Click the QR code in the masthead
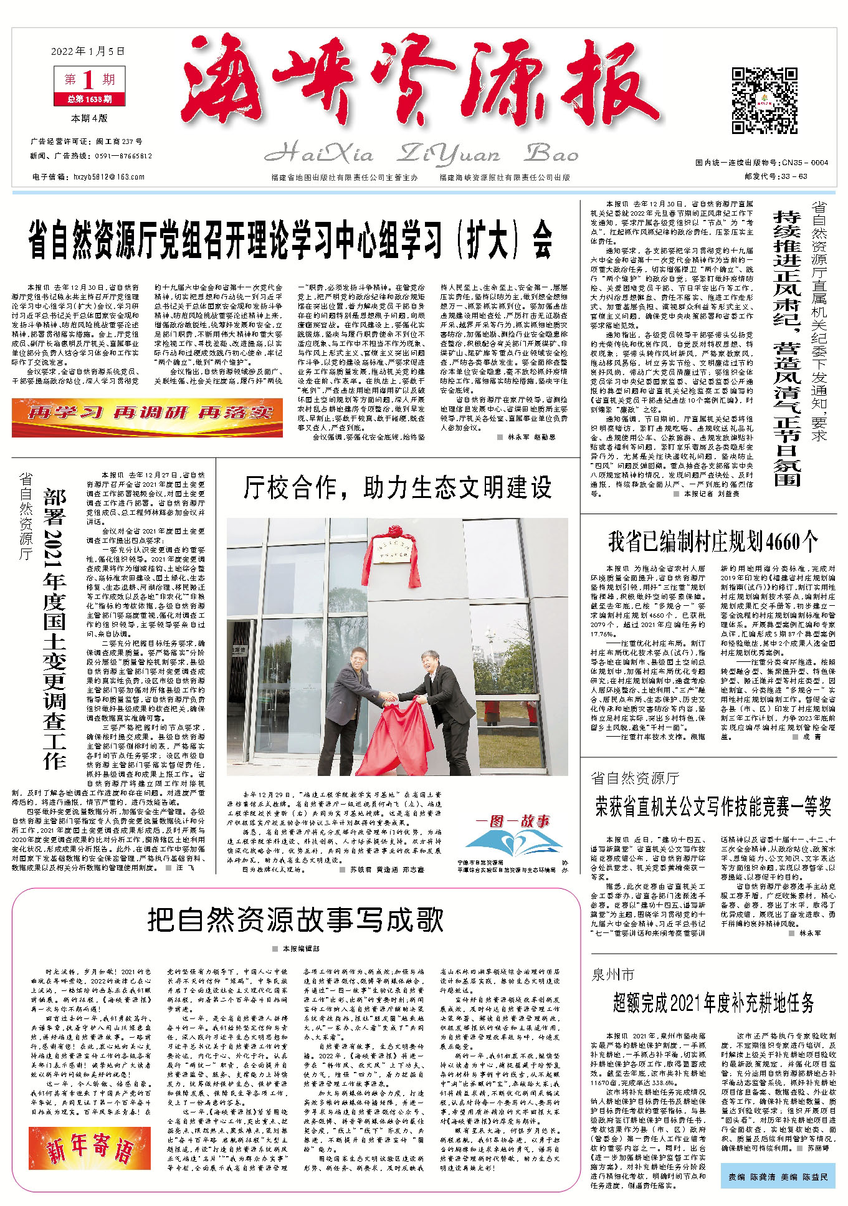coord(764,101)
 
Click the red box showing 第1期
coord(89,80)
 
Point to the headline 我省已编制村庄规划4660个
coord(712,542)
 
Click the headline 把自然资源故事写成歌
coord(295,920)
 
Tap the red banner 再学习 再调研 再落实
coord(147,413)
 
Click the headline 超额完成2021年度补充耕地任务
coord(713,1003)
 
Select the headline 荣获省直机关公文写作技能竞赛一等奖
coord(713,806)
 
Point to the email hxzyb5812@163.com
coord(109,177)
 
